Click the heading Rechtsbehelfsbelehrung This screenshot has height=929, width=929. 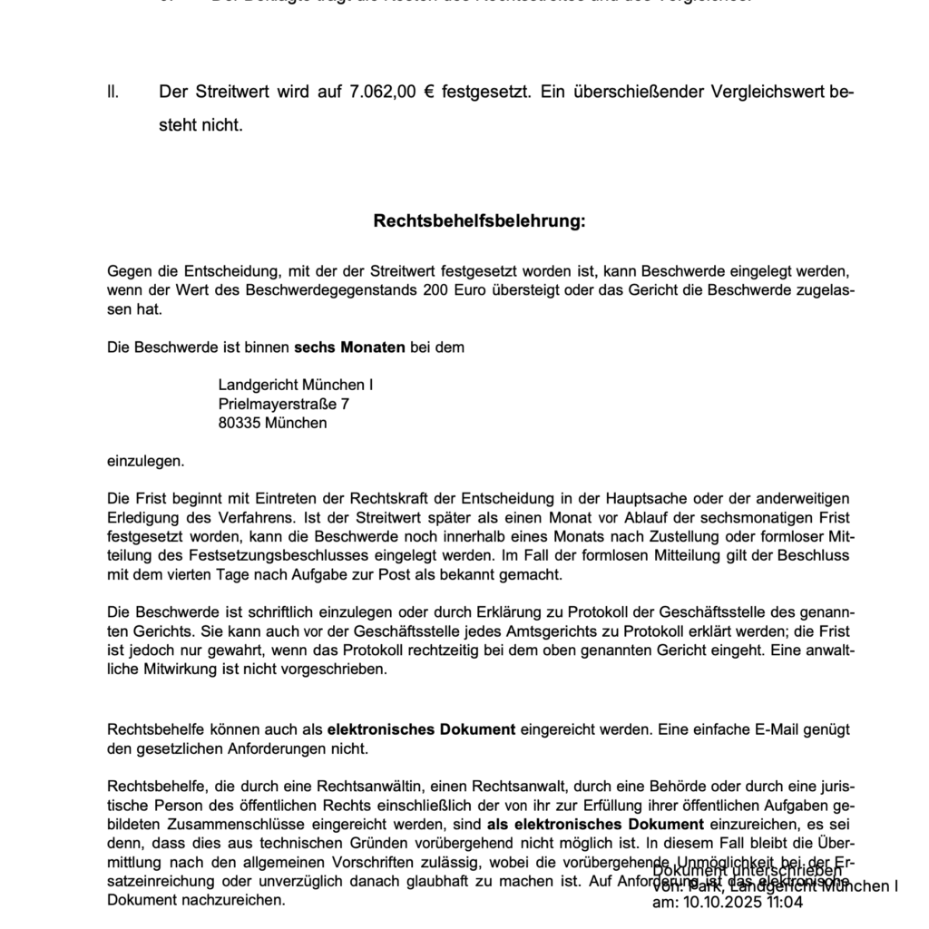coord(479,220)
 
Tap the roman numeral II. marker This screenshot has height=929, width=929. coord(112,92)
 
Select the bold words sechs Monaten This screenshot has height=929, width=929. coord(349,347)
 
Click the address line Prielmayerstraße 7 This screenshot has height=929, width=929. coord(283,404)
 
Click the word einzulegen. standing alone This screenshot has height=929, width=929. coord(145,461)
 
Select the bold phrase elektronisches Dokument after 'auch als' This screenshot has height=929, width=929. coord(421,729)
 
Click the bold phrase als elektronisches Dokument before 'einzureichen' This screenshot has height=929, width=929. coord(595,824)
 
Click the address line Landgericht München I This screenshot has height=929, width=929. coord(296,385)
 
